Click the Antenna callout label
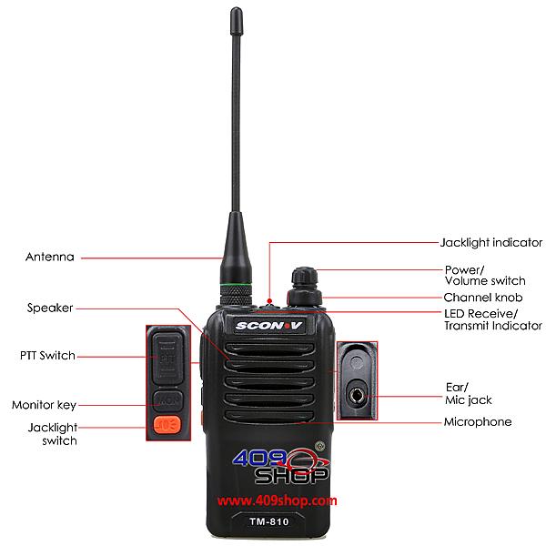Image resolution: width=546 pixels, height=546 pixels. [50, 257]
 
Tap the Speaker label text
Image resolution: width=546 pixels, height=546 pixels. [50, 308]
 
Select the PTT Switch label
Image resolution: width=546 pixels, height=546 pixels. [47, 356]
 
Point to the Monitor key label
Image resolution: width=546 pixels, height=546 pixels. [44, 405]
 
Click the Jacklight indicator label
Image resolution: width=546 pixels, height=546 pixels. [491, 242]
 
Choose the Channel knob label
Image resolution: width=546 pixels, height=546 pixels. [483, 298]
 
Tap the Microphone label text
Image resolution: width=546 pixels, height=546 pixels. [478, 422]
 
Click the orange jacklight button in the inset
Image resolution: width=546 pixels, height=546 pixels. [167, 425]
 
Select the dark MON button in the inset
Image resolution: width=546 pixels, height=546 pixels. [167, 400]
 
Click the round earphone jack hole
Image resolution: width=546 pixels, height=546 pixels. [356, 396]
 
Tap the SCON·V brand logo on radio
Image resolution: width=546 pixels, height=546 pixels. [268, 326]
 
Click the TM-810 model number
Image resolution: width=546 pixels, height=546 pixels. [269, 521]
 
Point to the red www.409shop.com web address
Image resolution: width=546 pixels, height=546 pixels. [278, 500]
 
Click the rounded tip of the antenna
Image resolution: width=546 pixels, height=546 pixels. [236, 12]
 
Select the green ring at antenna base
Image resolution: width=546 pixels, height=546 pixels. [236, 285]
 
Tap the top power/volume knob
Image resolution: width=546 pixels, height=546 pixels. [304, 277]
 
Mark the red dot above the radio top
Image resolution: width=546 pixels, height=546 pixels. [269, 300]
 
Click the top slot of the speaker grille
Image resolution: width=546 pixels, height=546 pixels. [269, 349]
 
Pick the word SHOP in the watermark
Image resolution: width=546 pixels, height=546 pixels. [292, 475]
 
